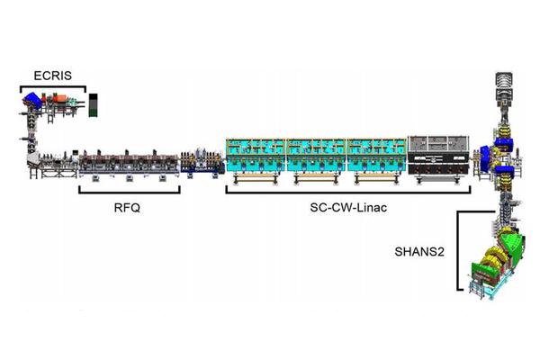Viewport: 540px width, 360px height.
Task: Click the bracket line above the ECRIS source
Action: pyautogui.click(x=52, y=87)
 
